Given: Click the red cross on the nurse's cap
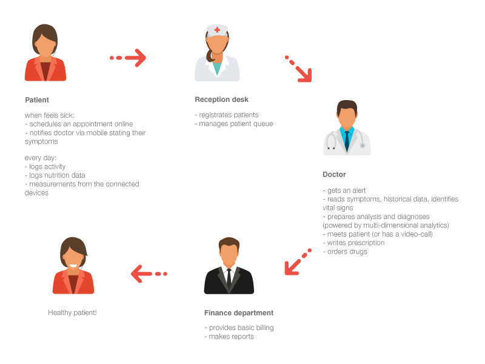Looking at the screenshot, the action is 217,30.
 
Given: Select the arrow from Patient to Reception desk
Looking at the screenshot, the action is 128,58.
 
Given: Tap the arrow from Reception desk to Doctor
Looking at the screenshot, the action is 298,69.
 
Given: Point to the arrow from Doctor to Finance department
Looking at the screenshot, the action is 298,261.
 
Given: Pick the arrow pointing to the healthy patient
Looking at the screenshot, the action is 149,274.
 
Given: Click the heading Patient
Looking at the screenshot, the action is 37,100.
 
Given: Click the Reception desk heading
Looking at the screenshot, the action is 221,99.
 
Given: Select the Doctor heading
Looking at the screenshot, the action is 334,175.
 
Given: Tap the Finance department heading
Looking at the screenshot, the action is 239,313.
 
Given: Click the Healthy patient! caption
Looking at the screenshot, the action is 72,312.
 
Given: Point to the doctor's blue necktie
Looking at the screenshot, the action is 347,141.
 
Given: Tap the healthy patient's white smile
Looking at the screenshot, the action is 73,266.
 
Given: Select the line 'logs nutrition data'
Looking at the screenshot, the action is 55,175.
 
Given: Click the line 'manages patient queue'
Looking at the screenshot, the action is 234,124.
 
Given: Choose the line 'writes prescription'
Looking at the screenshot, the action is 353,243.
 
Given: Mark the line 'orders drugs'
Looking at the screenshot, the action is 345,252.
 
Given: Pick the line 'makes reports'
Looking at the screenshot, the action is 229,337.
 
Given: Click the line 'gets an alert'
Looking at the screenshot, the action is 344,190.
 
